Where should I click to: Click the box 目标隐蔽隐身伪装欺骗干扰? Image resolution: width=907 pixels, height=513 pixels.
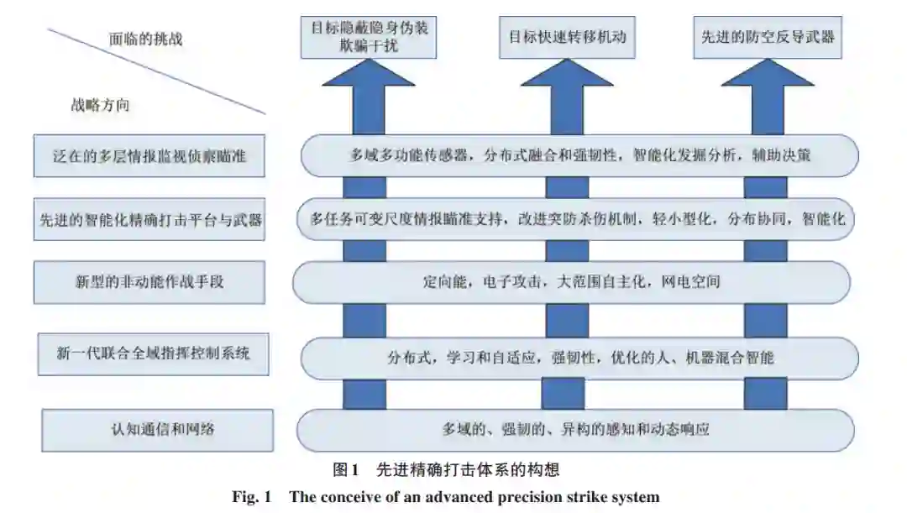pyautogui.click(x=369, y=37)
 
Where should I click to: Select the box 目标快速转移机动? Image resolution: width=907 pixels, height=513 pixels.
pyautogui.click(x=567, y=37)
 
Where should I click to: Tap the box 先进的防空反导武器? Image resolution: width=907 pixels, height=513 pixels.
pyautogui.click(x=768, y=37)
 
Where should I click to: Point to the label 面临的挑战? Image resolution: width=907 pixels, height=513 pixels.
pyautogui.click(x=145, y=39)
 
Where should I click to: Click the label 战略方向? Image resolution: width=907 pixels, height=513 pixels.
pyautogui.click(x=100, y=106)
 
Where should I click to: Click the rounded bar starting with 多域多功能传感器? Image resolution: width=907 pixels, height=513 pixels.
pyautogui.click(x=579, y=156)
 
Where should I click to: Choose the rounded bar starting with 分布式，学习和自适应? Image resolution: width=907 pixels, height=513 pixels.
pyautogui.click(x=579, y=358)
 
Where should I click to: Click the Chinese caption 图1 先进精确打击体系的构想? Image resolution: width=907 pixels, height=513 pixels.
pyautogui.click(x=445, y=469)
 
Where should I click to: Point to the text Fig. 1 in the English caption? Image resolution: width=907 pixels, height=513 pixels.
pyautogui.click(x=252, y=497)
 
